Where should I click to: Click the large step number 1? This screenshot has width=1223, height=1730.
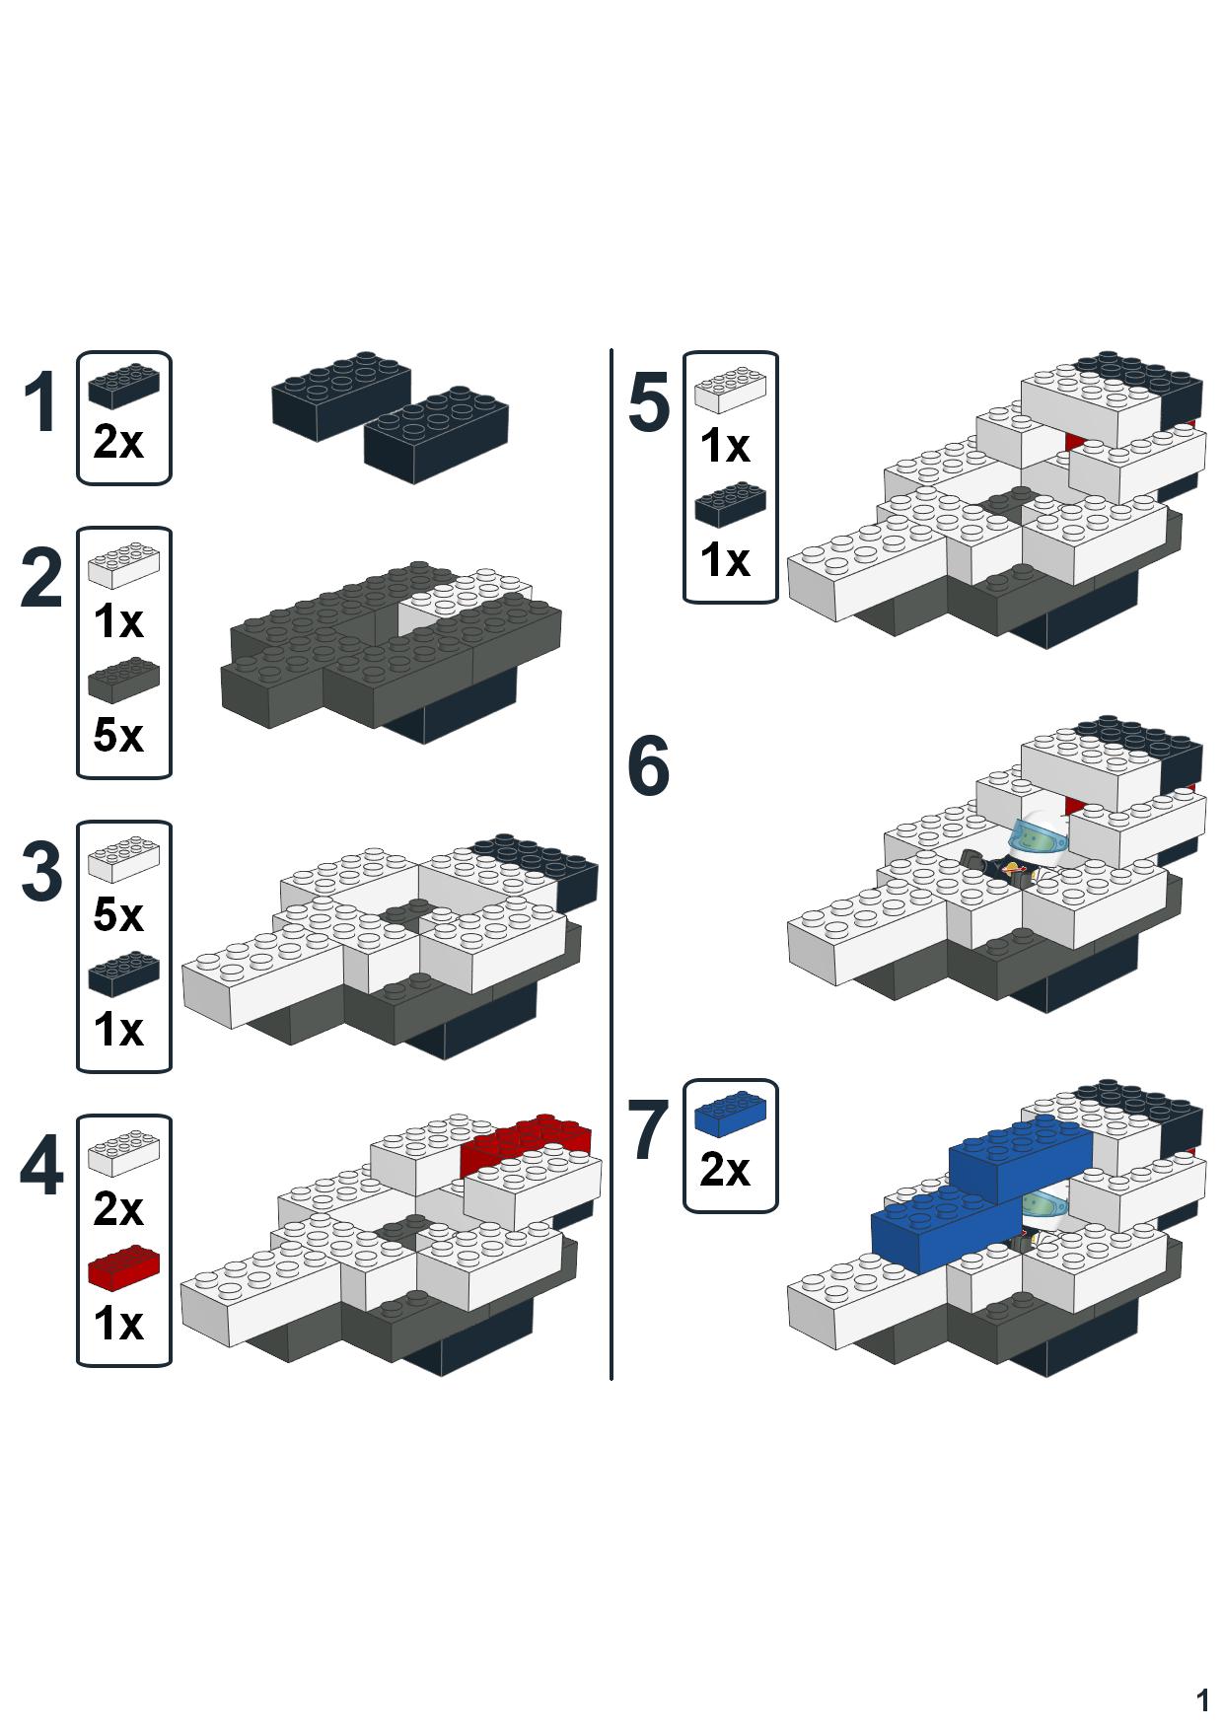(40, 403)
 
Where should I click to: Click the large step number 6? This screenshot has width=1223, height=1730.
(649, 766)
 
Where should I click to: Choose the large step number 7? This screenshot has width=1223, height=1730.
(649, 1130)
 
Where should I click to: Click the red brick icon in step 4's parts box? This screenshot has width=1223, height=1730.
(124, 1268)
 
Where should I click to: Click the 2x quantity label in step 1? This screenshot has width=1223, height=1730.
(118, 443)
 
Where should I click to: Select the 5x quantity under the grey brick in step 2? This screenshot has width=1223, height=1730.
(118, 736)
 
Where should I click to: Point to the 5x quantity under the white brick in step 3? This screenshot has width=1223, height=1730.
(118, 915)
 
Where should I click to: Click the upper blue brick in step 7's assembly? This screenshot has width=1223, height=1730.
(1021, 1157)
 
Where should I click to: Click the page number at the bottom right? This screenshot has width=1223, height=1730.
(1202, 1700)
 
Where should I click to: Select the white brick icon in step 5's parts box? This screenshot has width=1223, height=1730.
(731, 390)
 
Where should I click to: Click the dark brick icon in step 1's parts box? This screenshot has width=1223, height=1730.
(124, 387)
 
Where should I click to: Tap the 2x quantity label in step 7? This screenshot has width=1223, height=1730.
(725, 1171)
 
